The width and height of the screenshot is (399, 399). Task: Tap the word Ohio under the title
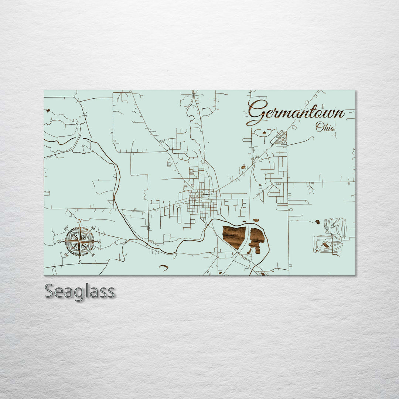(x=325, y=127)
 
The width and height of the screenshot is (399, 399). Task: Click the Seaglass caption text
(x=79, y=291)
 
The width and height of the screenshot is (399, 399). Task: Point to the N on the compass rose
(x=80, y=221)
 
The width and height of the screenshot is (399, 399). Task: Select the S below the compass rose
(x=79, y=262)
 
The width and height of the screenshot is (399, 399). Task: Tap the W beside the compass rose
(x=59, y=242)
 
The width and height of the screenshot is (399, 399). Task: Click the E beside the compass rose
(x=99, y=242)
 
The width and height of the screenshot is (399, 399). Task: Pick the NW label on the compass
(x=66, y=228)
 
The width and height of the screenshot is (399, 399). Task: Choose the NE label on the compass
(x=93, y=228)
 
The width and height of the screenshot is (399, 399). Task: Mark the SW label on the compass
(x=66, y=255)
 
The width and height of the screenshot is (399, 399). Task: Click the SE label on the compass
(x=93, y=255)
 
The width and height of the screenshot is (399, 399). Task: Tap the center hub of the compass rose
(x=79, y=241)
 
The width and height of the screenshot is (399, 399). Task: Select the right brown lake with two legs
(x=256, y=239)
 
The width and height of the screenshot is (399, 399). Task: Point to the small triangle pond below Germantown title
(x=265, y=131)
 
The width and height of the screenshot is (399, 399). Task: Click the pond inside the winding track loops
(x=325, y=245)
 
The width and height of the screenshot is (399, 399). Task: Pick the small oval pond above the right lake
(x=255, y=221)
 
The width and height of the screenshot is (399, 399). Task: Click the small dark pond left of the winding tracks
(x=317, y=222)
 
